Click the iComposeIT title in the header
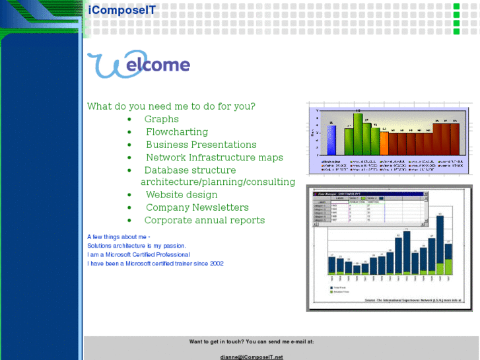coord(121,9)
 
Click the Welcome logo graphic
coord(139,65)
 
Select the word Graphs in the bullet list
coord(161,119)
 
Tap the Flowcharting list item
coord(176,132)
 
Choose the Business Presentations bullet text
coord(201,145)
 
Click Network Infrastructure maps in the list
coord(214,157)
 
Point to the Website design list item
coord(181,195)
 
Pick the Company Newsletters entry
coord(197,207)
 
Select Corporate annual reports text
coord(204,221)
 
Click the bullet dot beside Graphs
coord(129,120)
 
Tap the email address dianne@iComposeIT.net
coord(252,357)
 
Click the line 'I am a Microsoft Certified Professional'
coord(139,254)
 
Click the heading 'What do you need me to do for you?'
coord(171,106)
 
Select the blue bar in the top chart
coord(331,140)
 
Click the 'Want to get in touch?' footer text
coord(252,342)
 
